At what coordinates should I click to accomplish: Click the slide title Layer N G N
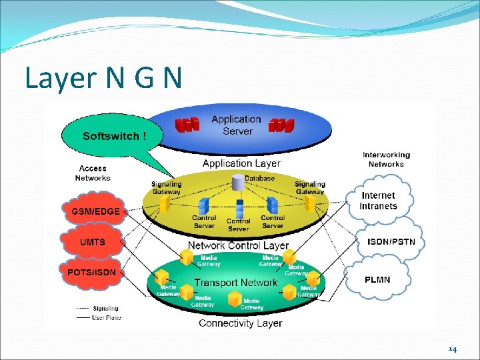point(103,78)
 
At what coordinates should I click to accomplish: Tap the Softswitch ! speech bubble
point(111,136)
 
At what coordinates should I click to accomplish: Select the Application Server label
point(237,125)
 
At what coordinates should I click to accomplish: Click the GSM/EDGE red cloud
point(95,211)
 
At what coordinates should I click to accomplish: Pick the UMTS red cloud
point(93,241)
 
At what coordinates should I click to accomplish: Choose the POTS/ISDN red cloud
point(91,272)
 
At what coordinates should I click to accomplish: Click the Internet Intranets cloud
point(378,201)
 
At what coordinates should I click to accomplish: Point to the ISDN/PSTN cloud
point(391,241)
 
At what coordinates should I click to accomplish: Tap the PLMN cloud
point(377,279)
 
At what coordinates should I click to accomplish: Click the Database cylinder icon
point(238,181)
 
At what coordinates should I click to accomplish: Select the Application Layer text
point(241,163)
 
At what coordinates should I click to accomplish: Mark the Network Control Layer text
point(238,245)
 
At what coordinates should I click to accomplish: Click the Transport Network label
point(235,283)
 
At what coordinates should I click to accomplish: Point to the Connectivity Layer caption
point(241,323)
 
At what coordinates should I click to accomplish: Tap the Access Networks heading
point(93,173)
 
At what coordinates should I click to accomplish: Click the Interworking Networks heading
point(386,159)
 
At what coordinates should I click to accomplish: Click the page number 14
point(453,349)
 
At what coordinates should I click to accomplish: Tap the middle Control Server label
point(238,225)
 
